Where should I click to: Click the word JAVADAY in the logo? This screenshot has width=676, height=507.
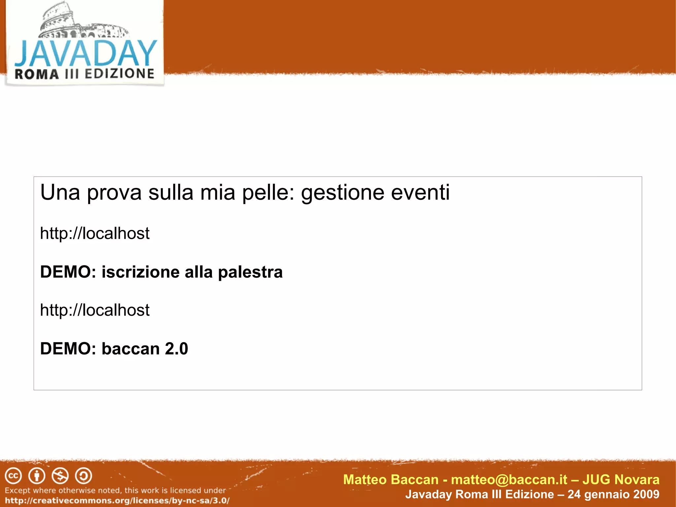tap(85, 54)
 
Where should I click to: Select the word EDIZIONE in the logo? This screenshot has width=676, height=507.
tap(119, 74)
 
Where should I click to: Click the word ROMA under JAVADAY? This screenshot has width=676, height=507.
tap(37, 74)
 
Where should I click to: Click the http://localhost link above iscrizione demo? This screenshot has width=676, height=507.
tap(95, 234)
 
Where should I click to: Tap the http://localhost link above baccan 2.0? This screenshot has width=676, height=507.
tap(95, 310)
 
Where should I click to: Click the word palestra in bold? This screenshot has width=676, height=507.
tap(250, 272)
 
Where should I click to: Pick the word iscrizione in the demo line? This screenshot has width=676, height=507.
tap(140, 272)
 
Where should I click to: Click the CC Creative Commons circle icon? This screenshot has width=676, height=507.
tap(13, 476)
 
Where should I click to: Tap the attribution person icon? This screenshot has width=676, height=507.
tap(37, 476)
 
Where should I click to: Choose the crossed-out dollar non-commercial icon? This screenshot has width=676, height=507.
tap(60, 476)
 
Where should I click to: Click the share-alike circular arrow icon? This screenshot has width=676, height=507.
tap(84, 476)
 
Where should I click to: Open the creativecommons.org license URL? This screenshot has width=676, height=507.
tap(117, 500)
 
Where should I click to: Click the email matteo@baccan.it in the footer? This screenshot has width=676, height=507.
tap(509, 480)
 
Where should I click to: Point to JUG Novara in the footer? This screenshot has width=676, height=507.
tap(621, 480)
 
